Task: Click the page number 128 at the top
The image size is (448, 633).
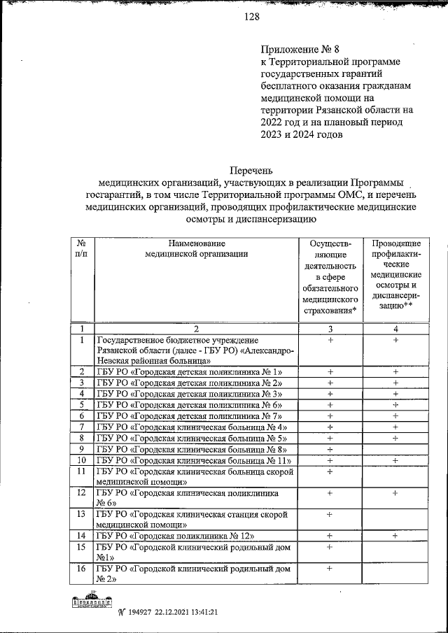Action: pos(251,19)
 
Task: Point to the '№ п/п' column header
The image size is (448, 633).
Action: pos(81,248)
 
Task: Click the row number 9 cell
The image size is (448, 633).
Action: pos(82,449)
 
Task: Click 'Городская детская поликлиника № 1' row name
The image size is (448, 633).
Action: pos(190,371)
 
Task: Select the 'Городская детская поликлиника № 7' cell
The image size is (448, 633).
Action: pos(190,415)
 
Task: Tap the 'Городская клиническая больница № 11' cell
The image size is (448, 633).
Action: pos(193,460)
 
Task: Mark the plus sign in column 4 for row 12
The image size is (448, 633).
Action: pos(395,493)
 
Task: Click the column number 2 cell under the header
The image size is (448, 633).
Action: pos(197,329)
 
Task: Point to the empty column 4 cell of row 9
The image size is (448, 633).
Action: pos(395,449)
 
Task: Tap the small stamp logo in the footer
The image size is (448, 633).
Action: pos(92,603)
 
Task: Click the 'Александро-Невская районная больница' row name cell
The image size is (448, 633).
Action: pos(197,350)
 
